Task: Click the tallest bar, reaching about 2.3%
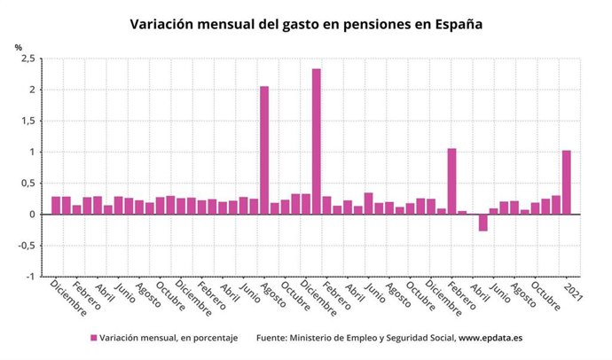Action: (x=317, y=142)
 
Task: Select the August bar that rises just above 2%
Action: (x=264, y=151)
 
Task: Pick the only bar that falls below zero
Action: (x=483, y=223)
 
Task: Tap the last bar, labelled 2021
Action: (x=567, y=183)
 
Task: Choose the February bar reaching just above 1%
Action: (x=452, y=182)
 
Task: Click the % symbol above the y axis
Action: (x=18, y=47)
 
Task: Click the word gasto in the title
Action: (x=294, y=24)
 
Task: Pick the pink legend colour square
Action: (x=93, y=338)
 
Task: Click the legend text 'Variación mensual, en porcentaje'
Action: (x=169, y=338)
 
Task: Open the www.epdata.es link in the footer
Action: (x=490, y=338)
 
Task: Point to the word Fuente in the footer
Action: (x=276, y=338)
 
